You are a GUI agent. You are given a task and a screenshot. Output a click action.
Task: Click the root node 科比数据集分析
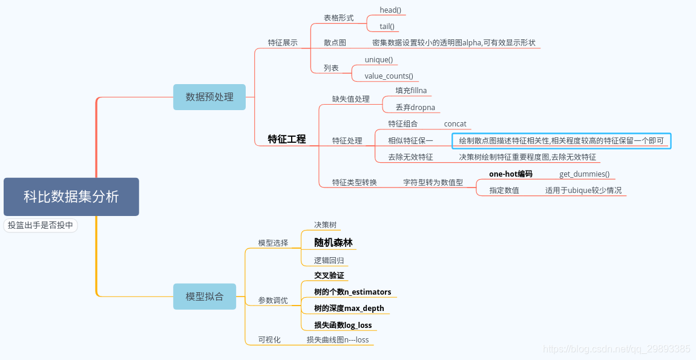(x=71, y=197)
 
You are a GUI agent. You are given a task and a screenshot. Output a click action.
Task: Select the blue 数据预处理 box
(x=209, y=97)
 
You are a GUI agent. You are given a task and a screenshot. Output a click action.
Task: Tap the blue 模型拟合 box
(x=205, y=296)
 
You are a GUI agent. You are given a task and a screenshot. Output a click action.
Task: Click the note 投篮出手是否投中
(x=41, y=225)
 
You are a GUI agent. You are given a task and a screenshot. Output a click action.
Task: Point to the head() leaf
(x=390, y=10)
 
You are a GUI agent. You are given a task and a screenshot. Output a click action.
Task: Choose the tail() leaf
(x=387, y=26)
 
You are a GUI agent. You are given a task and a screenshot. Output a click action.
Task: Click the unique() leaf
(x=378, y=60)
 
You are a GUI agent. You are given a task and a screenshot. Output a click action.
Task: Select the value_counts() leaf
(x=389, y=76)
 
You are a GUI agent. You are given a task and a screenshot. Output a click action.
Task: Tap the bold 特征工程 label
(x=287, y=139)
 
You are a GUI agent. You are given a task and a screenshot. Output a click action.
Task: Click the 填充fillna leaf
(x=411, y=91)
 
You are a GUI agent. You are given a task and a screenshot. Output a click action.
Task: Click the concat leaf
(x=455, y=124)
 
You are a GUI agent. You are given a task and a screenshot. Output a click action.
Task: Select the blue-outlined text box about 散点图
(x=562, y=141)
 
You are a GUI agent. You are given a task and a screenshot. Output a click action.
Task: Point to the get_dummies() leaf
(x=584, y=174)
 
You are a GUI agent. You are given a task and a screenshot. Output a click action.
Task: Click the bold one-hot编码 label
(x=511, y=174)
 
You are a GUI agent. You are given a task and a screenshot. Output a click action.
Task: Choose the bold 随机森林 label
(x=333, y=243)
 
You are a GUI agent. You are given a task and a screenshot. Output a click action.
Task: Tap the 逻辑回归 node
(x=329, y=261)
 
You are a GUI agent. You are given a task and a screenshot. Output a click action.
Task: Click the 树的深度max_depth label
(x=349, y=309)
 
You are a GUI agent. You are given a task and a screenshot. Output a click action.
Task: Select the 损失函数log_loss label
(x=343, y=326)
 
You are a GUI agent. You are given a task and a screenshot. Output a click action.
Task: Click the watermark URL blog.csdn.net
(x=616, y=349)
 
